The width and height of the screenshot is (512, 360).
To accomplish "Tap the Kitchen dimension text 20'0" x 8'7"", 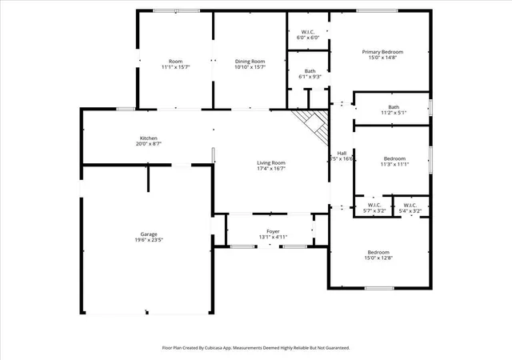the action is coord(149,144).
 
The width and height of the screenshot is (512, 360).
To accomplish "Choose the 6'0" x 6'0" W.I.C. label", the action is coord(307,34).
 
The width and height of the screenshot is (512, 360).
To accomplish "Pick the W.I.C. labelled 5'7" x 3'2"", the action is coord(374,208).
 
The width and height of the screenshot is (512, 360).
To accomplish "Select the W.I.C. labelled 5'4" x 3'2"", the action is coord(410,208).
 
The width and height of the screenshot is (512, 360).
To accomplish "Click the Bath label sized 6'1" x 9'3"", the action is coord(310,74).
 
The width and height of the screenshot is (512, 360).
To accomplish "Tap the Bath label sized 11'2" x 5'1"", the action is coord(394,110).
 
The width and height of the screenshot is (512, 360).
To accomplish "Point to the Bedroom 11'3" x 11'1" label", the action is coord(394,162).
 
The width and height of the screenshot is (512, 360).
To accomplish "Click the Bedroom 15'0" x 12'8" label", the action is coord(378,255).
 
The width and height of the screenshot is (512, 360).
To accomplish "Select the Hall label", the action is coord(342,154).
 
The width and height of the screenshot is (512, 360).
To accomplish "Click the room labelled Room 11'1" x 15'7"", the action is coord(176,64).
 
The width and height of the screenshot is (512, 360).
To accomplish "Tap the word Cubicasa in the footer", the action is coord(214,348).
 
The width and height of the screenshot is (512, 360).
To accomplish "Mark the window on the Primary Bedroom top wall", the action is coord(377,10).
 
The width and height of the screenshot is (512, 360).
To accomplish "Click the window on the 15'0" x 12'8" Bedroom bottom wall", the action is coord(379,288).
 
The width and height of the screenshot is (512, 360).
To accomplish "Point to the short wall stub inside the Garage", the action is coord(148,179).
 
